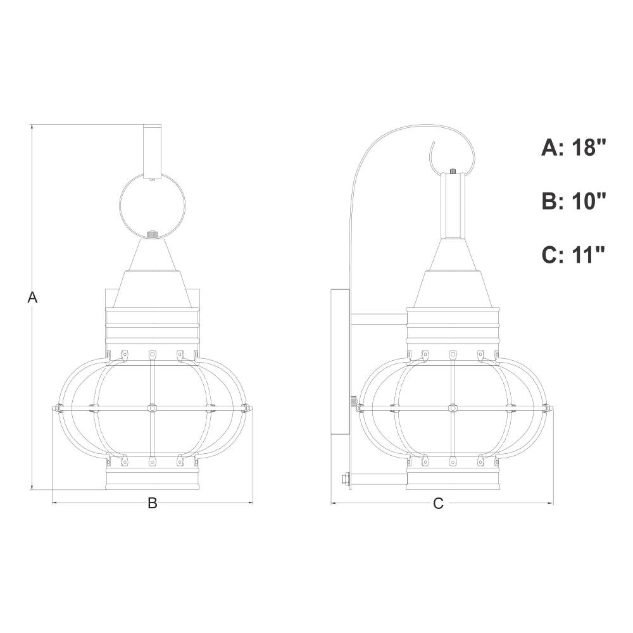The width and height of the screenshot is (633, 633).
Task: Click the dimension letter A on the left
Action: click(32, 298)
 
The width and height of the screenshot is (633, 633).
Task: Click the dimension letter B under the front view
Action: click(152, 503)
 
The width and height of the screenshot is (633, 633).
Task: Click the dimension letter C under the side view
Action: click(438, 503)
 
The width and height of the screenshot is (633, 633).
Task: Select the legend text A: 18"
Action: click(573, 147)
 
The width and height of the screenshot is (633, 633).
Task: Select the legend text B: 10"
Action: click(573, 201)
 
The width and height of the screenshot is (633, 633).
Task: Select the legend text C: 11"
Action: click(573, 254)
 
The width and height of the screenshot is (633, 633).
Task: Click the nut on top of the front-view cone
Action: click(152, 234)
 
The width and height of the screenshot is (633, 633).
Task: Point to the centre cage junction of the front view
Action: click(152, 408)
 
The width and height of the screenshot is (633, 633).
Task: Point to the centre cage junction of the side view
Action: click(453, 408)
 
